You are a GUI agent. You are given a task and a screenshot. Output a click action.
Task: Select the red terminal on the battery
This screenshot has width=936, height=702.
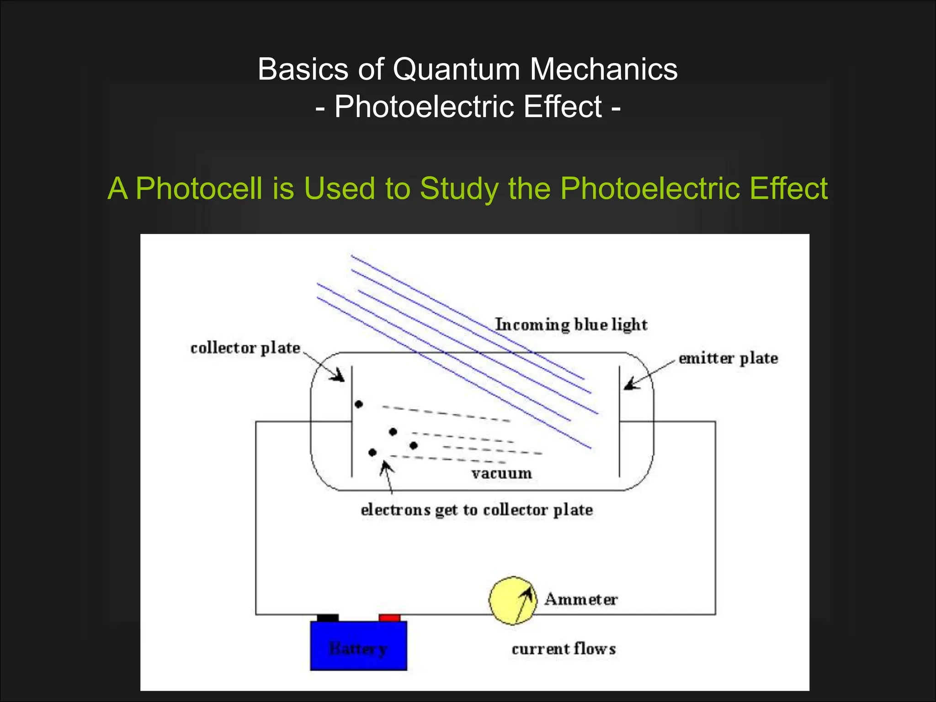[389, 618]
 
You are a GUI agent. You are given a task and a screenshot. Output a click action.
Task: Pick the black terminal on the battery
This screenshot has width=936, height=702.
[327, 618]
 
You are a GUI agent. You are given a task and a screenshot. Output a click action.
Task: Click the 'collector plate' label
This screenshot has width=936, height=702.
[245, 348]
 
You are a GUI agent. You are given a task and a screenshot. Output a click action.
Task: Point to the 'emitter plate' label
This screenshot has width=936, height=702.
[728, 358]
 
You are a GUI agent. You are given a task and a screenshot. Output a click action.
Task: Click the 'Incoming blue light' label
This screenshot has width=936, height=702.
[571, 324]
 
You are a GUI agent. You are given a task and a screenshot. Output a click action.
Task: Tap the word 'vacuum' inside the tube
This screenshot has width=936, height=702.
[501, 473]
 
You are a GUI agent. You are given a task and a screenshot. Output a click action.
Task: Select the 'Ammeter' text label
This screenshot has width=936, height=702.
[581, 599]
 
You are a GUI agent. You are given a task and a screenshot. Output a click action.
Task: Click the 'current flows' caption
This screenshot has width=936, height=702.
[564, 649]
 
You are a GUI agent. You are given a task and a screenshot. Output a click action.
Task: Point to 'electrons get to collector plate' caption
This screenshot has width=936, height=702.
[477, 510]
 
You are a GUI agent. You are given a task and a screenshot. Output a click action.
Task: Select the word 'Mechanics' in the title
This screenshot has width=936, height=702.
[603, 69]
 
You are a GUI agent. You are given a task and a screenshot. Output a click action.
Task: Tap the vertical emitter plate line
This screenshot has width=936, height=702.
[619, 420]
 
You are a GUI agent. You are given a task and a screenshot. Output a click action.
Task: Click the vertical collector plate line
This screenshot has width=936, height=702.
[351, 420]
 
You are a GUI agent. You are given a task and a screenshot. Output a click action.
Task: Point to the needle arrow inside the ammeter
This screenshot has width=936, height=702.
[523, 603]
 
